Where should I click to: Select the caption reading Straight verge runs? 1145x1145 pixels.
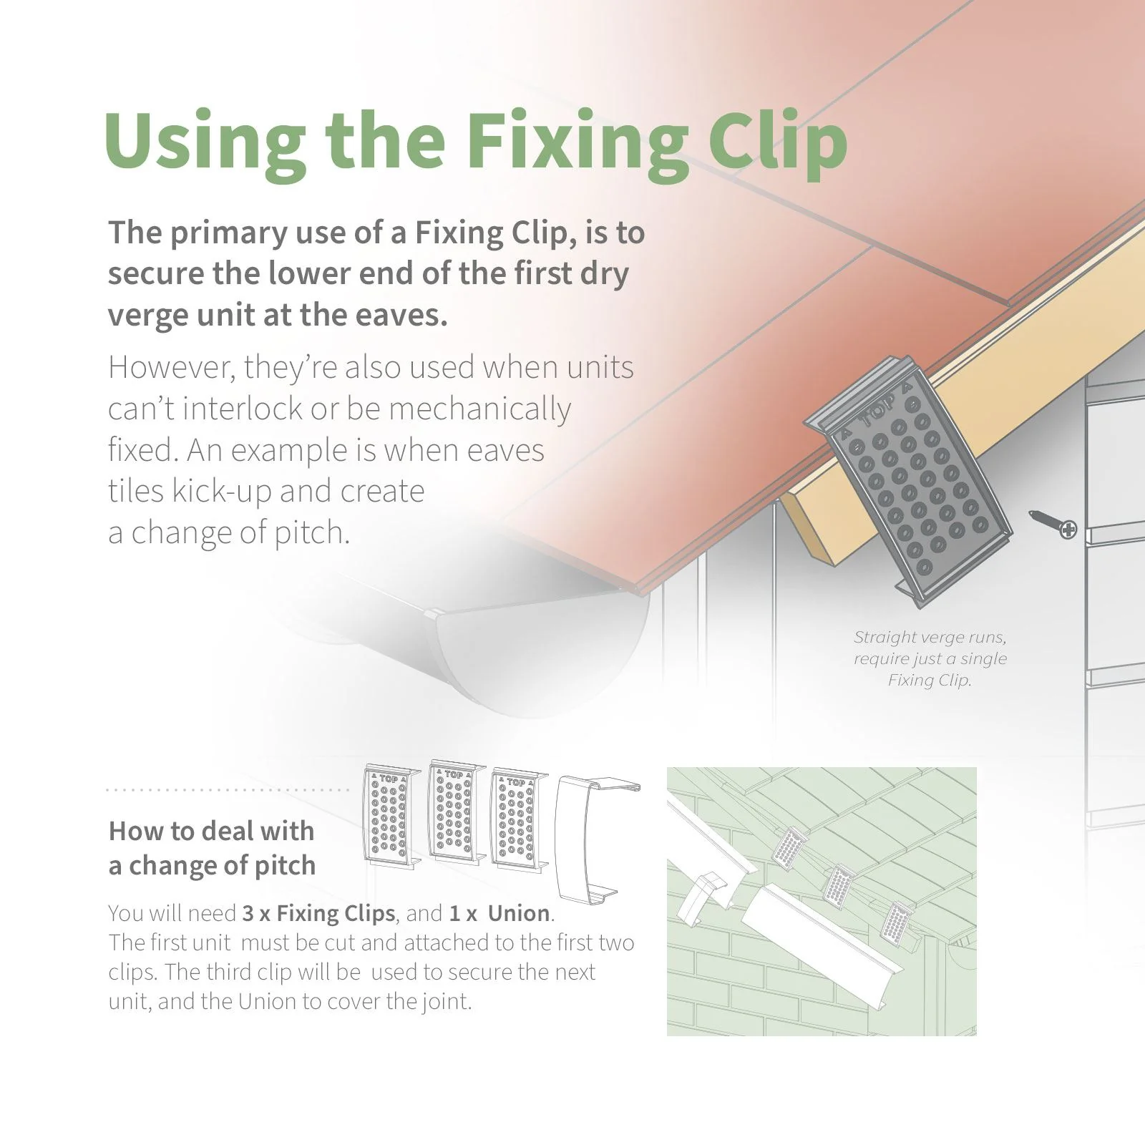pos(930,637)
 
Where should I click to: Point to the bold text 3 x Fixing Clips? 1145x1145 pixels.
pos(318,914)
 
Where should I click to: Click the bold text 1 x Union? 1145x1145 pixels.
pos(500,914)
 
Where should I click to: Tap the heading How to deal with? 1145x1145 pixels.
pos(211,831)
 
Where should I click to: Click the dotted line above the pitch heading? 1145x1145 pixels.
pos(228,790)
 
